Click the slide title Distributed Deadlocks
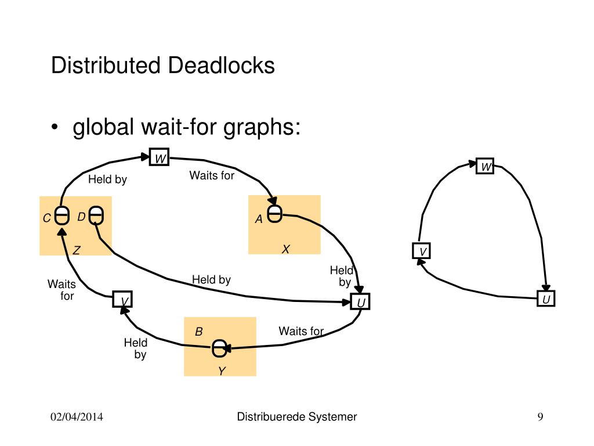[162, 65]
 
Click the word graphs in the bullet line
[263, 127]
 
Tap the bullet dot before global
[55, 128]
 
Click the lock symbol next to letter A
[275, 214]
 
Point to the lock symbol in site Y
[219, 348]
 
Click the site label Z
[76, 250]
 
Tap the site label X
[285, 249]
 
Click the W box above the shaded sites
[159, 157]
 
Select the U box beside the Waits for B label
[360, 303]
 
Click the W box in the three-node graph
[485, 167]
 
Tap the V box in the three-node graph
[422, 251]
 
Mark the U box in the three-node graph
[546, 299]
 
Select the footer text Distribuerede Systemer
[297, 416]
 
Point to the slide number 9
[540, 417]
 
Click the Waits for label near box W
[212, 175]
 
